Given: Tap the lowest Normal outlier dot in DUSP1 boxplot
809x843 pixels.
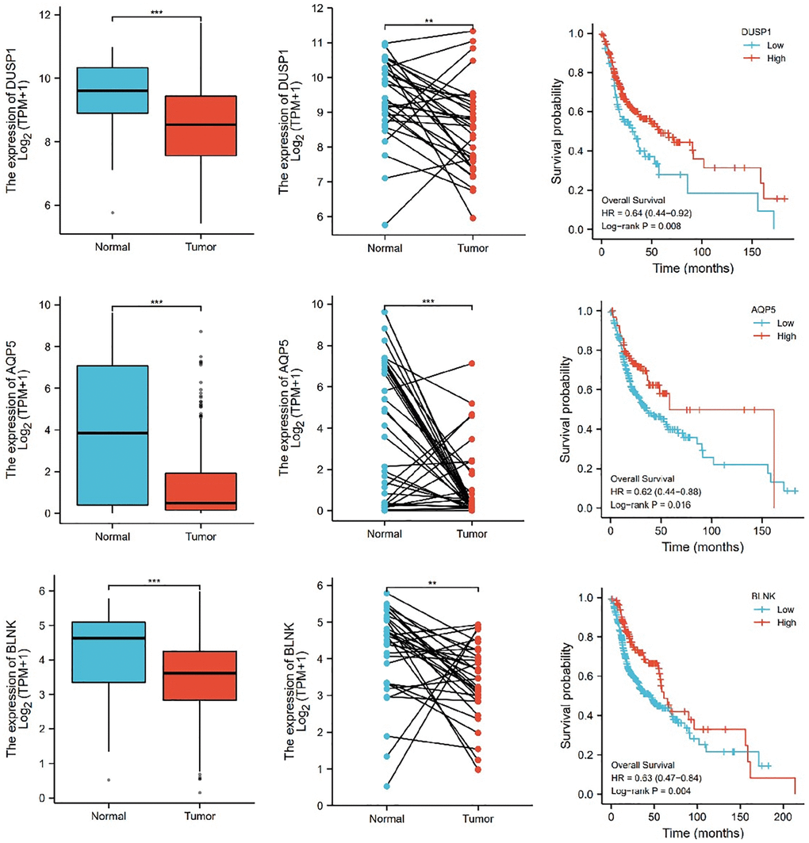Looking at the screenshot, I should click(113, 213).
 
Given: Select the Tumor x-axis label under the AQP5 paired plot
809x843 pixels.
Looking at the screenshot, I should click(471, 531).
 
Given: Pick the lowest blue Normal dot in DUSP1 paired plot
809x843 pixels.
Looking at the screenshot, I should click(384, 225).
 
